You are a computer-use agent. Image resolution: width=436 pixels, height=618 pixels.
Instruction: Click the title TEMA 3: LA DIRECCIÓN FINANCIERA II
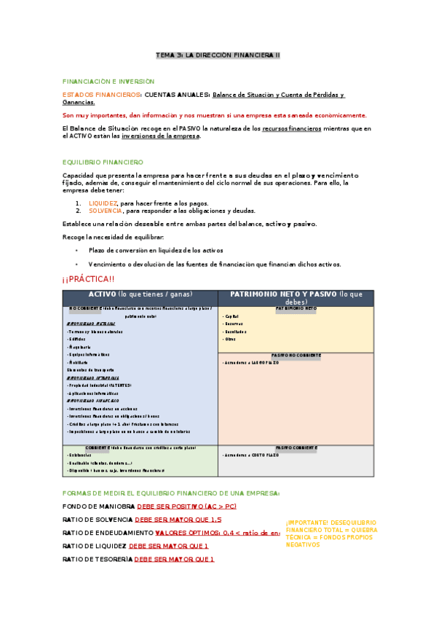pyautogui.click(x=218, y=55)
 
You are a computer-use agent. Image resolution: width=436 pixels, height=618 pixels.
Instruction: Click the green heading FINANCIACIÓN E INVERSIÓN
pyautogui.click(x=108, y=82)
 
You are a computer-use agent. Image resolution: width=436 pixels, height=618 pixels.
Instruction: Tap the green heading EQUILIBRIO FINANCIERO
pyautogui.click(x=103, y=162)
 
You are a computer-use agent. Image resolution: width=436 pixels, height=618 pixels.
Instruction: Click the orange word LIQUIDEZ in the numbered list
pyautogui.click(x=103, y=203)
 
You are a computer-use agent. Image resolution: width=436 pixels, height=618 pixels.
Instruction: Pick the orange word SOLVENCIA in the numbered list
pyautogui.click(x=105, y=210)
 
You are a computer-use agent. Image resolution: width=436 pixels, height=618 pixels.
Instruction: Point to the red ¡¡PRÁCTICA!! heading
pyautogui.click(x=88, y=279)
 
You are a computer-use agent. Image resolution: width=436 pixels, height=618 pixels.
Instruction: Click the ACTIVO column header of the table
pyautogui.click(x=140, y=294)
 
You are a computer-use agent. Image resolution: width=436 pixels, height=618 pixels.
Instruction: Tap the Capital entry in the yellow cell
pyautogui.click(x=232, y=316)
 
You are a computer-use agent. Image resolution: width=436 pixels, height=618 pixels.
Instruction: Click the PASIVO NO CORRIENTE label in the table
pyautogui.click(x=296, y=355)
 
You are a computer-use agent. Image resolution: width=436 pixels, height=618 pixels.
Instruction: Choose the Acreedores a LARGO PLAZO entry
pyautogui.click(x=252, y=362)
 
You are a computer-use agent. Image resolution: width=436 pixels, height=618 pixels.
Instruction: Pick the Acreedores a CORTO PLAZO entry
pyautogui.click(x=252, y=455)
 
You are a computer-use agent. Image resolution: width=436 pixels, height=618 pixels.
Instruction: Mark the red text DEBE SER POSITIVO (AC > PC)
pyautogui.click(x=186, y=506)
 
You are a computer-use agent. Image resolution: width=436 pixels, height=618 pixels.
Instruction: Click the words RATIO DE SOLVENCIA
pyautogui.click(x=98, y=520)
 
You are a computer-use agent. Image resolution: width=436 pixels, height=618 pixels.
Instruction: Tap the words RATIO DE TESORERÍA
pyautogui.click(x=98, y=559)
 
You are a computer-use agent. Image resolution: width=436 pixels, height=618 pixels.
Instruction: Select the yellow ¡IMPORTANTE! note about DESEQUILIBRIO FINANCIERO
pyautogui.click(x=331, y=533)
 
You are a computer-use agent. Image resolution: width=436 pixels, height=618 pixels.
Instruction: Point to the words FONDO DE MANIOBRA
pyautogui.click(x=98, y=506)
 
